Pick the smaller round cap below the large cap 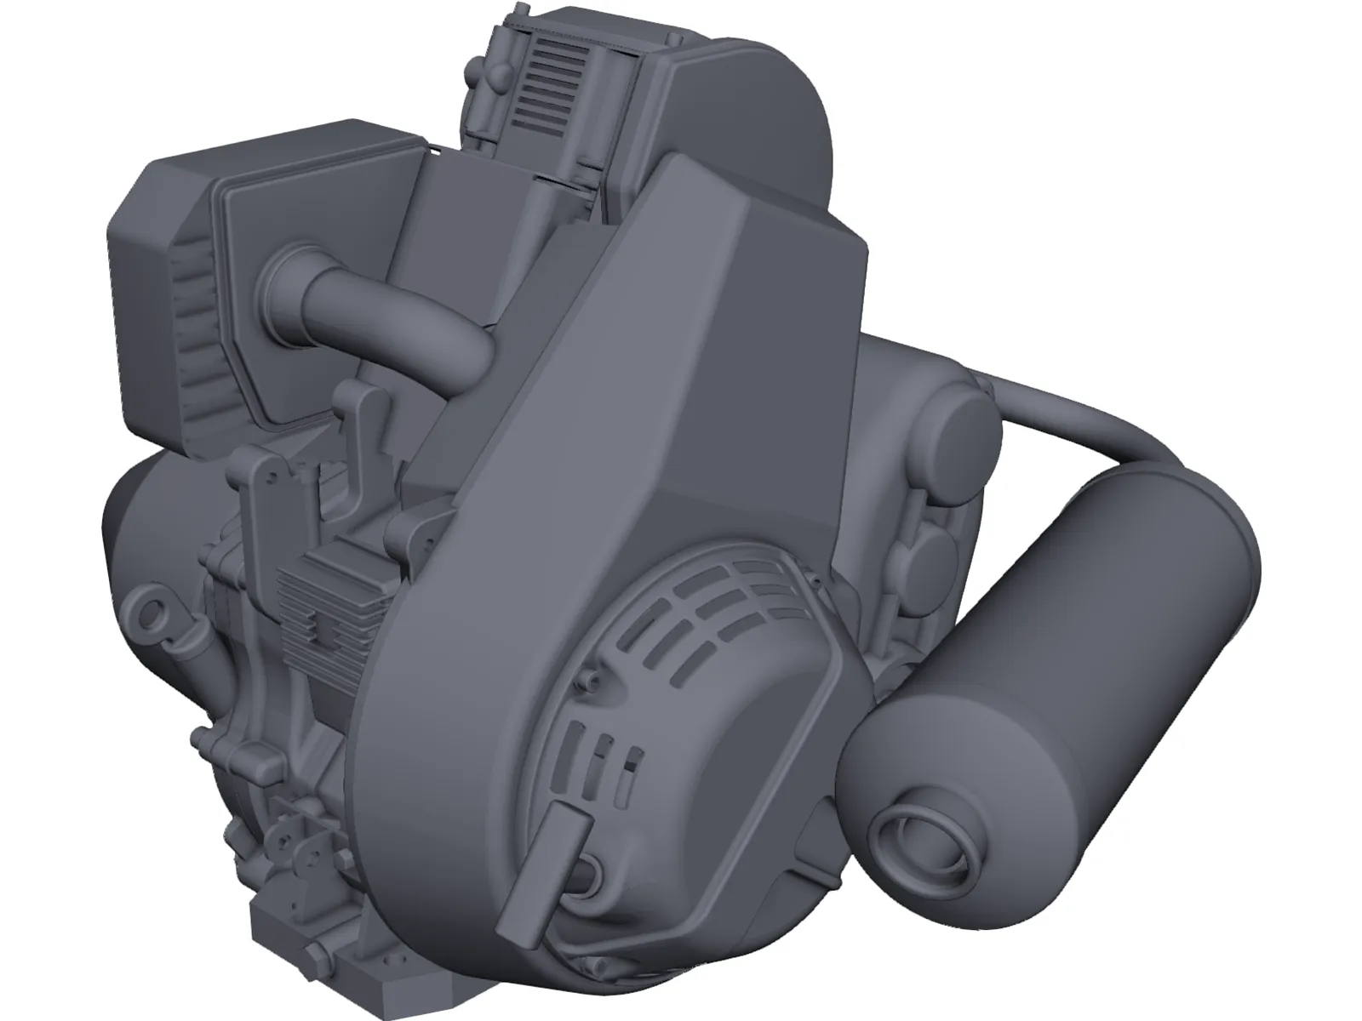click(x=928, y=543)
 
